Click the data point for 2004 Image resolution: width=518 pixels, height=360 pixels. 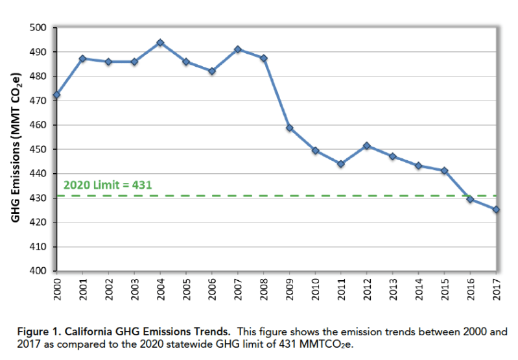tap(160, 43)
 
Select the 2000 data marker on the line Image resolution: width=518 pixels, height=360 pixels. tap(56, 95)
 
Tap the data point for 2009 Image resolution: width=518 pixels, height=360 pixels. tap(289, 128)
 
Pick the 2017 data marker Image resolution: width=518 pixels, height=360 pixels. tap(496, 210)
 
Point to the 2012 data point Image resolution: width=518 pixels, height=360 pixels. tap(367, 146)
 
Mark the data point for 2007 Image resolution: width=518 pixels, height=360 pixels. tap(238, 49)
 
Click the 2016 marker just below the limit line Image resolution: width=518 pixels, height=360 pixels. tap(470, 199)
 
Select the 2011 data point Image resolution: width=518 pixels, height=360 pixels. tap(341, 163)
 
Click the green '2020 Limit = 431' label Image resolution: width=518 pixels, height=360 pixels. tap(108, 185)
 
